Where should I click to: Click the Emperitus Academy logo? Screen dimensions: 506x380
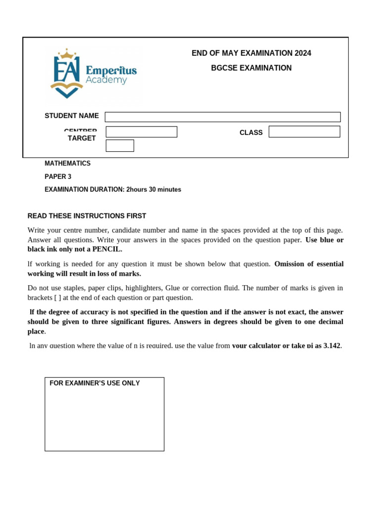(x=93, y=75)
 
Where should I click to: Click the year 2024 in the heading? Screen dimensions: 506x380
(x=303, y=53)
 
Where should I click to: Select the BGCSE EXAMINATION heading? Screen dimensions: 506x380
(x=251, y=68)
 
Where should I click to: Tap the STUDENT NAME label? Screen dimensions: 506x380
(x=72, y=116)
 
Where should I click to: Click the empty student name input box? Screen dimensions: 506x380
(x=223, y=117)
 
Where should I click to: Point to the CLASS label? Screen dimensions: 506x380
(x=251, y=133)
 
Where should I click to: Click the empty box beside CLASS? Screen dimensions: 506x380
(x=304, y=131)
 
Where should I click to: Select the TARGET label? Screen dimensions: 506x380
(x=82, y=138)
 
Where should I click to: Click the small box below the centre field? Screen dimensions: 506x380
(x=120, y=146)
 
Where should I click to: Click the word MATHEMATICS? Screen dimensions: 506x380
(x=68, y=164)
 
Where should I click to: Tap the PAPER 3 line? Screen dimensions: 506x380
(x=58, y=176)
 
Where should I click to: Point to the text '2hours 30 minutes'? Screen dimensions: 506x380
(x=154, y=190)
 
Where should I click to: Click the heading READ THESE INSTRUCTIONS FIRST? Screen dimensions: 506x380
(x=87, y=216)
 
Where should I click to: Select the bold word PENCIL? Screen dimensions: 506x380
(x=106, y=250)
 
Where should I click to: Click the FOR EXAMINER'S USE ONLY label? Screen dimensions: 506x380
(x=95, y=383)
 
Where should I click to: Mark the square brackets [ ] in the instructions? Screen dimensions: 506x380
(x=58, y=298)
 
